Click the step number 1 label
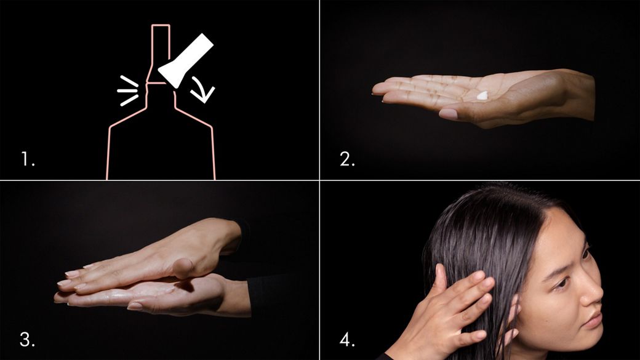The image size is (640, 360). (x=28, y=159)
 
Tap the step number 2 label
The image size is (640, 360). (x=347, y=159)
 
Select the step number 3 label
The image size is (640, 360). (x=27, y=339)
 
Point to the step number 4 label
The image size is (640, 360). (x=347, y=339)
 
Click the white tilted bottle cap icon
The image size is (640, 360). (x=186, y=60)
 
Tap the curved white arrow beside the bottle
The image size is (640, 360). (x=203, y=89)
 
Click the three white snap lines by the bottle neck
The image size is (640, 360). (x=128, y=90)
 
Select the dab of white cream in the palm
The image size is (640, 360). (x=482, y=95)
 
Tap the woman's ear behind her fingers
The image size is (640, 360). (x=512, y=322)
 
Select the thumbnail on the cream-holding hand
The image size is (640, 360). (x=449, y=114)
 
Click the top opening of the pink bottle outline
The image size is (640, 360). (x=161, y=25)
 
